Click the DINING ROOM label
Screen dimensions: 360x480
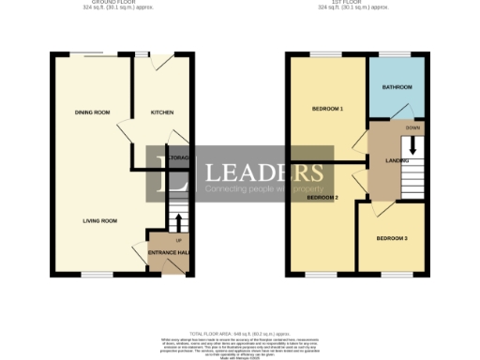93,112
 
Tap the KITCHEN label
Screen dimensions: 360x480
163,112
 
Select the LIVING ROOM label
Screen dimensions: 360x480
99,221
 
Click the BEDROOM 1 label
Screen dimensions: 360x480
327,109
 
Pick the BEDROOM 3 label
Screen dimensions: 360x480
393,239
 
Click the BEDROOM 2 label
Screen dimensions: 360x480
322,198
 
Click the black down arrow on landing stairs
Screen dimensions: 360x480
412,147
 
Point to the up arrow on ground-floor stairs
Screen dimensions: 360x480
177,222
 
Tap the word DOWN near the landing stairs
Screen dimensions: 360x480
412,127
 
